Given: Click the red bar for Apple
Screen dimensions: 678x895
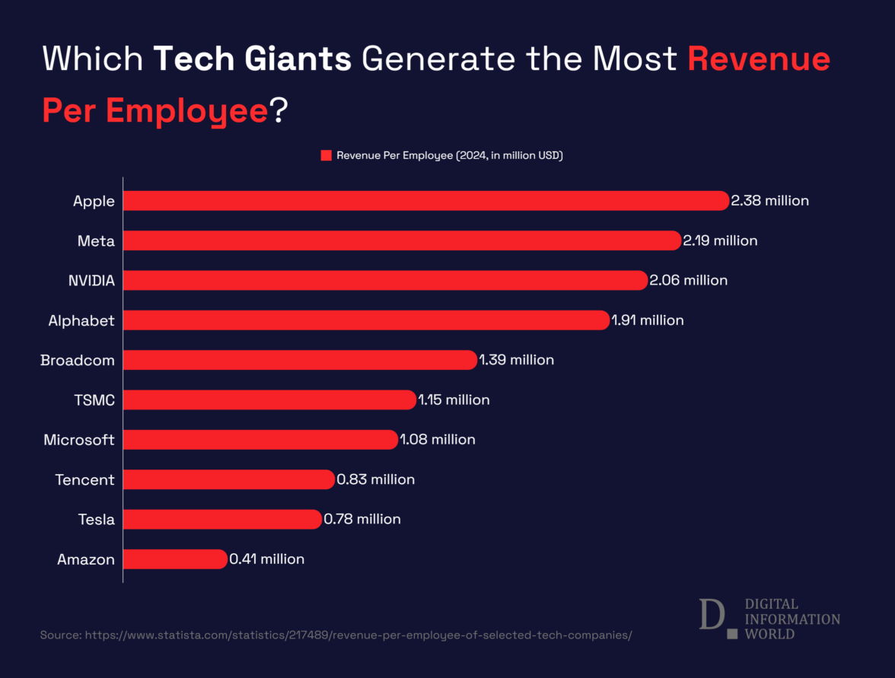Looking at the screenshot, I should tap(426, 201).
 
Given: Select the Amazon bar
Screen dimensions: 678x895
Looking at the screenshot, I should tap(175, 559).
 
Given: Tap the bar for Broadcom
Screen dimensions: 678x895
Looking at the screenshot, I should tap(300, 360).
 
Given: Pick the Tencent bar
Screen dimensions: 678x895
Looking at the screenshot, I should tap(228, 479).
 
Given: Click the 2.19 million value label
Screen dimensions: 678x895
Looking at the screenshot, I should tap(720, 240).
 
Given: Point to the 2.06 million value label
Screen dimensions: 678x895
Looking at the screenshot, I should tap(689, 280).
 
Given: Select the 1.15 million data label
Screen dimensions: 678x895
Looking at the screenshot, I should tap(454, 399).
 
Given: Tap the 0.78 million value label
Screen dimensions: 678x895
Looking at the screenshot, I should tap(362, 519).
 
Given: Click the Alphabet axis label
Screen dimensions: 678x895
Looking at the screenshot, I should tap(81, 320).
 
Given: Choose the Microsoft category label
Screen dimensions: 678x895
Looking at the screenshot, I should tap(79, 440).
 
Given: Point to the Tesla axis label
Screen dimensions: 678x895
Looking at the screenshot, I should tap(96, 520).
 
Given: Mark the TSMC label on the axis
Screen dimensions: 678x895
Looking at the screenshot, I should tap(94, 399).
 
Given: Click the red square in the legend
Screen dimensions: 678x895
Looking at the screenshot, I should tap(326, 155).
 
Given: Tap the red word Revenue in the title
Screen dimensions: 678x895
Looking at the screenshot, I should tap(758, 59).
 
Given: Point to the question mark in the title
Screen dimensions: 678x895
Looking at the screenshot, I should tap(278, 111).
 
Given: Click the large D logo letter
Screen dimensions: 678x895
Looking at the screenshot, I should tap(710, 614).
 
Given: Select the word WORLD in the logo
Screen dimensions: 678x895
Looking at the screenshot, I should tap(769, 634).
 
